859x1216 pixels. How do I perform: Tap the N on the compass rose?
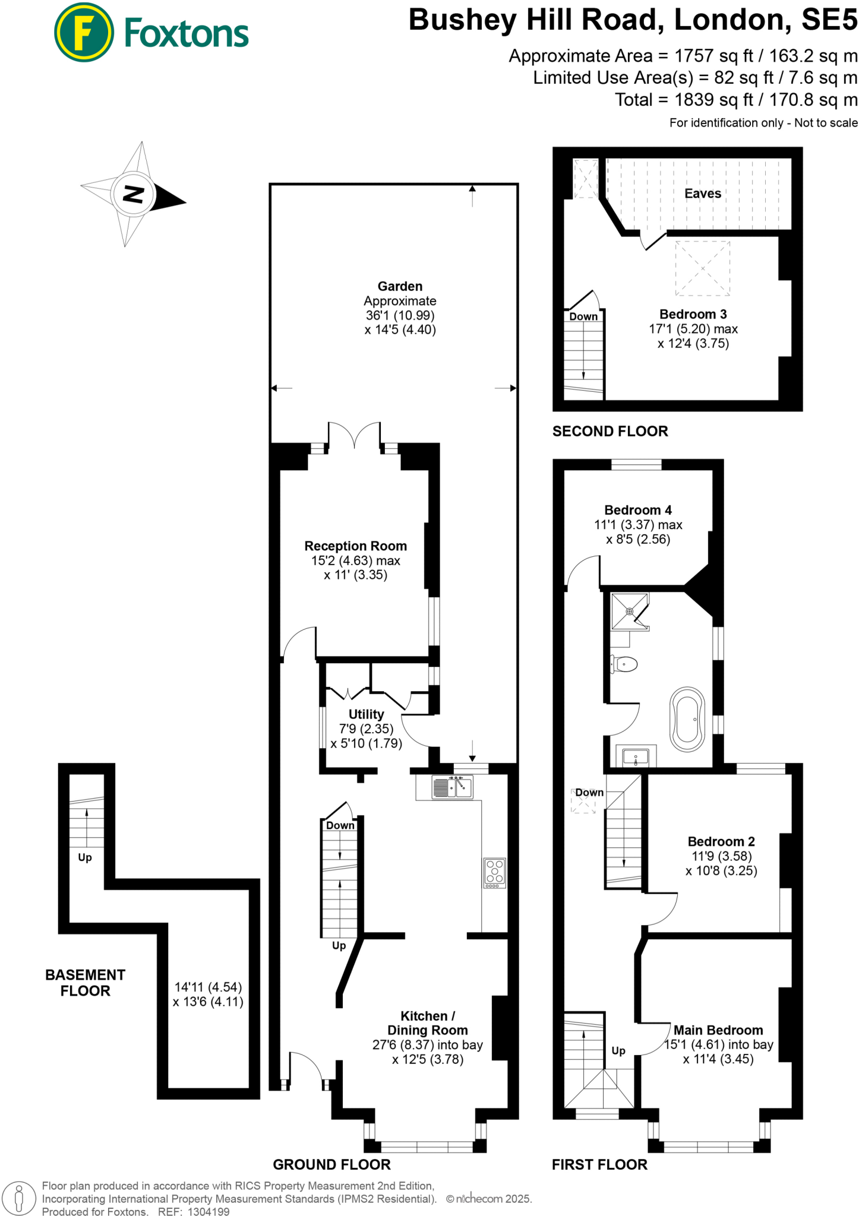point(133,194)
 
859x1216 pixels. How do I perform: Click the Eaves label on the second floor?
point(702,194)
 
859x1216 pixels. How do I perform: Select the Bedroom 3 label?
point(693,314)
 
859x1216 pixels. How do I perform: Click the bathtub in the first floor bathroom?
point(687,719)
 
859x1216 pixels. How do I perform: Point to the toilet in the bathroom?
point(624,664)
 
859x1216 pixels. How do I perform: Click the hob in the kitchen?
point(494,872)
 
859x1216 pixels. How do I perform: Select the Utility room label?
point(366,714)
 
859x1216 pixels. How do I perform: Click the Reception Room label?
point(355,546)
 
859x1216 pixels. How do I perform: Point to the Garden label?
point(400,286)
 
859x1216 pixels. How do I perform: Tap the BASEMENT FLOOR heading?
point(85,983)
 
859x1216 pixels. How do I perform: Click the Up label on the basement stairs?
point(85,857)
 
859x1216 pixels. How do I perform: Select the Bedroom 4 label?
point(637,510)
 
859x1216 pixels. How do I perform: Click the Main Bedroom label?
point(718,1030)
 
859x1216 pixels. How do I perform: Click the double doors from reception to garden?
point(354,435)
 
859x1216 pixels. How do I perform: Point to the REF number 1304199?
point(209,1212)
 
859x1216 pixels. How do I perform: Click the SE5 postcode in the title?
point(829,20)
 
